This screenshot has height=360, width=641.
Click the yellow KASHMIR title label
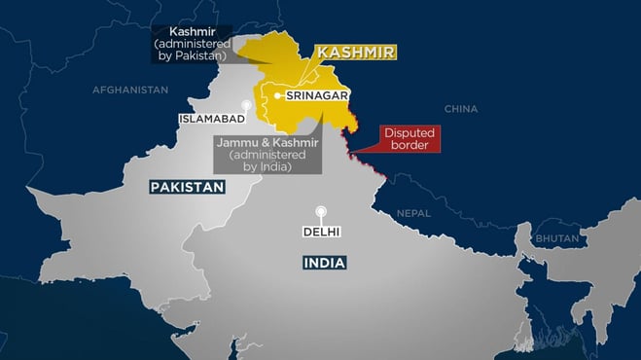[x=357, y=54]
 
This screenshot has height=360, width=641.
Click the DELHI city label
[x=320, y=234]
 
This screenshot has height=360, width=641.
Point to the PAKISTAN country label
[x=186, y=187]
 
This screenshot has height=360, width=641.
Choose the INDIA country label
[x=324, y=263]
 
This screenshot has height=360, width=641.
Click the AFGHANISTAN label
[x=130, y=90]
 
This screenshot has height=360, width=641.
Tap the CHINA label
[x=460, y=109]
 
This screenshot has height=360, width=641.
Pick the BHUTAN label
[x=555, y=238]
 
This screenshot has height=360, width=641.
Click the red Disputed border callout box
[x=410, y=138]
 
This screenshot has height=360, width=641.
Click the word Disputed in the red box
[x=410, y=131]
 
